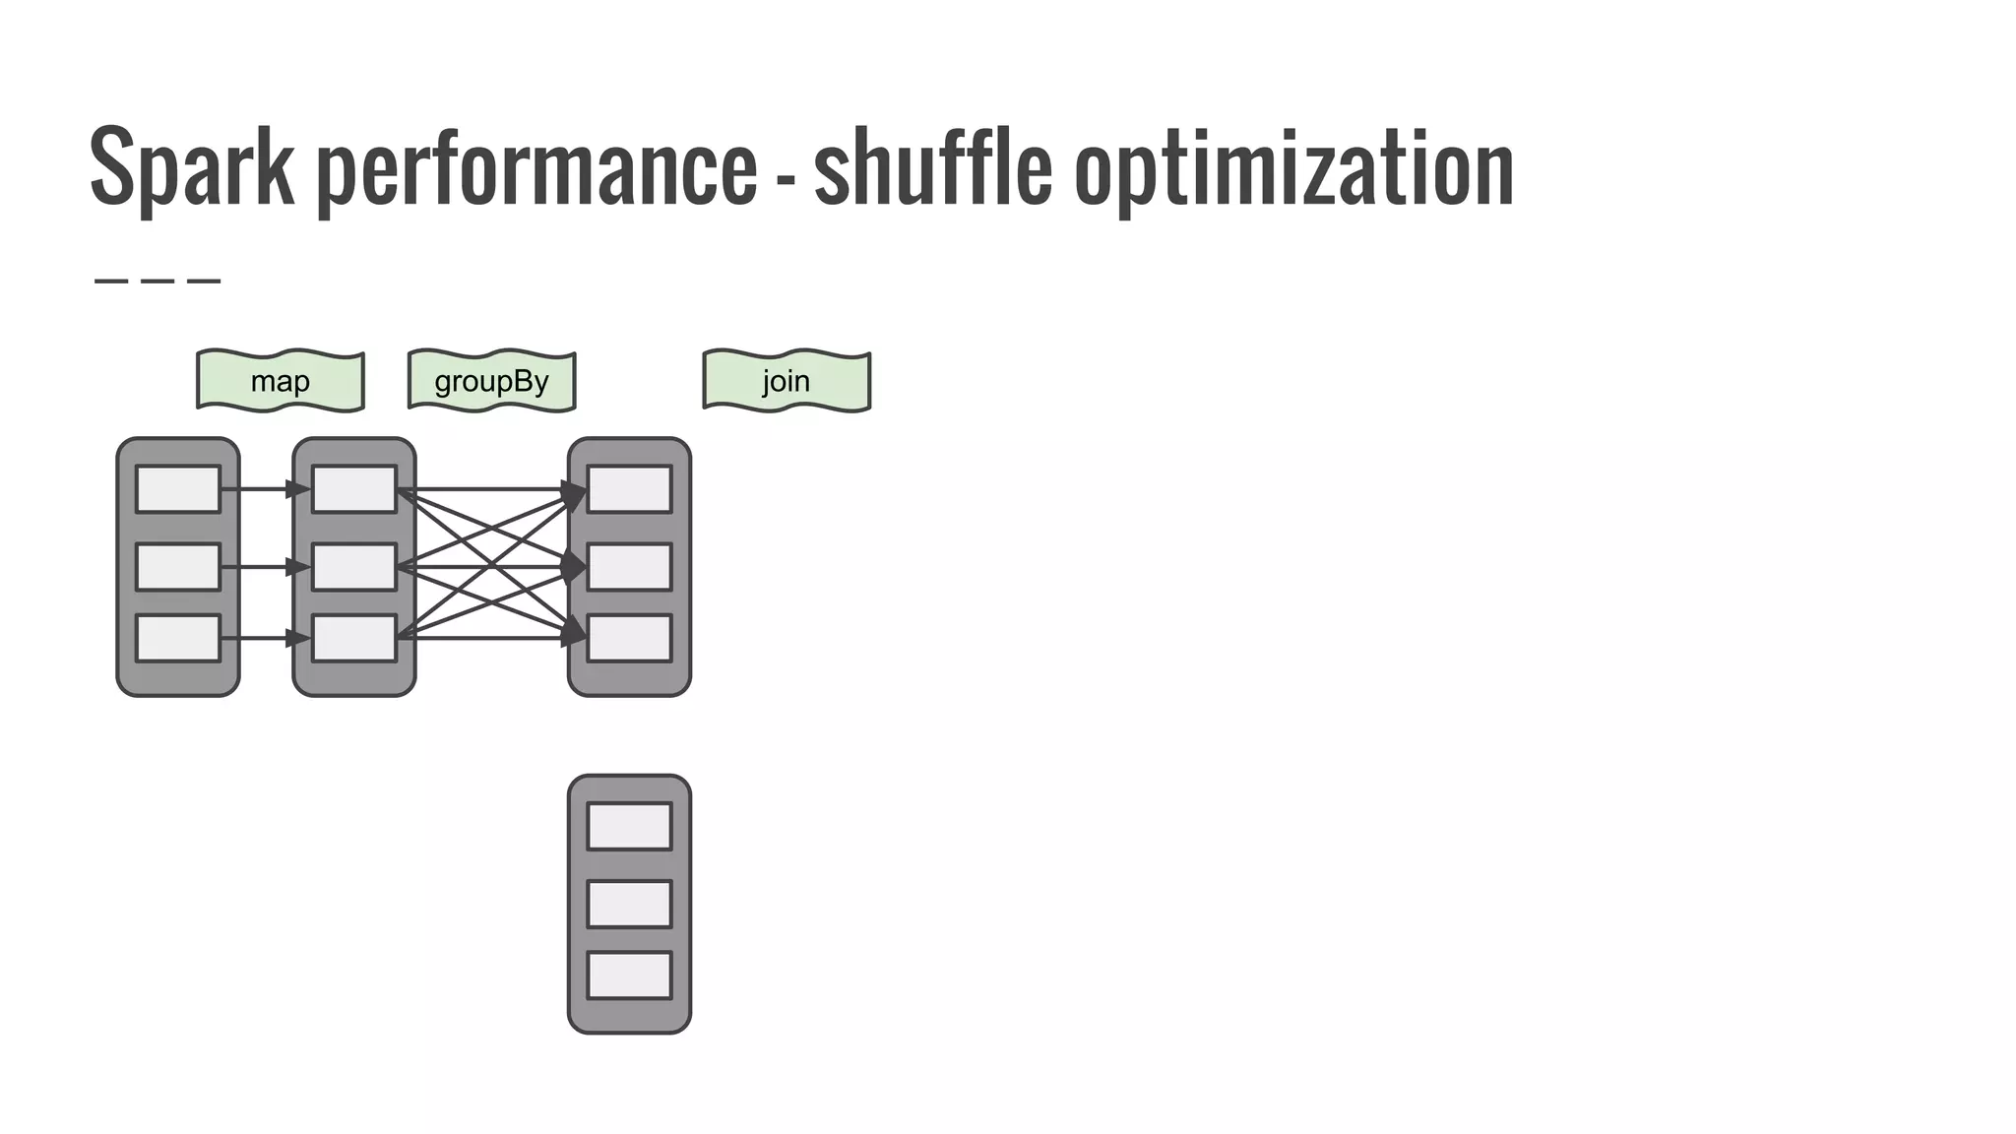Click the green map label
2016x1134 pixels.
coord(281,381)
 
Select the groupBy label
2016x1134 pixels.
coord(491,381)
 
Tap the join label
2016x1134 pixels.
coord(787,381)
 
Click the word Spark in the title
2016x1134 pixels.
coord(192,167)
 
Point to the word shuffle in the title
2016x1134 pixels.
coord(932,167)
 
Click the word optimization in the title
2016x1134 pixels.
coord(1293,167)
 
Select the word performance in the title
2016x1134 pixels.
coord(536,167)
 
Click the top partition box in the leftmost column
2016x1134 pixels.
coord(178,489)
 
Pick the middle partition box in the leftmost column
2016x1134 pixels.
coord(178,567)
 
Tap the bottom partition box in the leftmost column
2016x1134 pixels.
coord(178,638)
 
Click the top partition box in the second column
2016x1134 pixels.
coord(354,489)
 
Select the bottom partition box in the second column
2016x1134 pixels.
coord(354,638)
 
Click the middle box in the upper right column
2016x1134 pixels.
coord(630,567)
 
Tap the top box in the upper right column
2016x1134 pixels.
coord(630,489)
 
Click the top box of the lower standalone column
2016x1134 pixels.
coord(630,826)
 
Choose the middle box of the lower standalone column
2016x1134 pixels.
coord(630,904)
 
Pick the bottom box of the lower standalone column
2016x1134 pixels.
coord(630,976)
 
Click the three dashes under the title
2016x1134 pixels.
coord(157,282)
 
